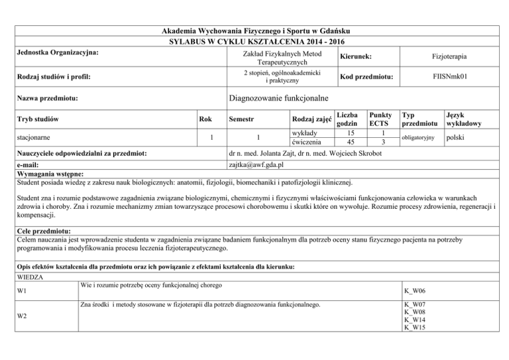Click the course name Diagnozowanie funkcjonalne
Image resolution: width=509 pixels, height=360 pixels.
(279, 99)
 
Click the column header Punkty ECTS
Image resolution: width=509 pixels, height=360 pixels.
(379, 119)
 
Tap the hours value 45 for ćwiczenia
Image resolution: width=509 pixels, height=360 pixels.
(349, 141)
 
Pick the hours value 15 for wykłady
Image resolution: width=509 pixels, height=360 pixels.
(349, 132)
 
